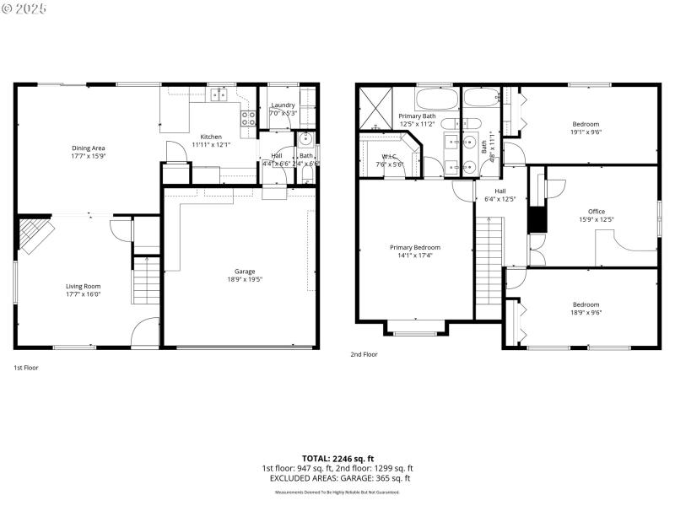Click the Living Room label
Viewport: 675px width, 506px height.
click(83, 286)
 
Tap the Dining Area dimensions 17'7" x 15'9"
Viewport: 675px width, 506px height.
click(88, 156)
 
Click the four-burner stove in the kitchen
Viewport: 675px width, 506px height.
click(249, 119)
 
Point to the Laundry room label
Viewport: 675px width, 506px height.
click(283, 105)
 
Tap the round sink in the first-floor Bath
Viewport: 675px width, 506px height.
click(306, 140)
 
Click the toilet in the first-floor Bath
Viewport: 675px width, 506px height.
click(307, 175)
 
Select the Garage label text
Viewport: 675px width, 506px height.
click(245, 272)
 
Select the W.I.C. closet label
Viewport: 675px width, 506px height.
click(390, 156)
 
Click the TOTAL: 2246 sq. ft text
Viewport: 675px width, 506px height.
click(337, 458)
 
